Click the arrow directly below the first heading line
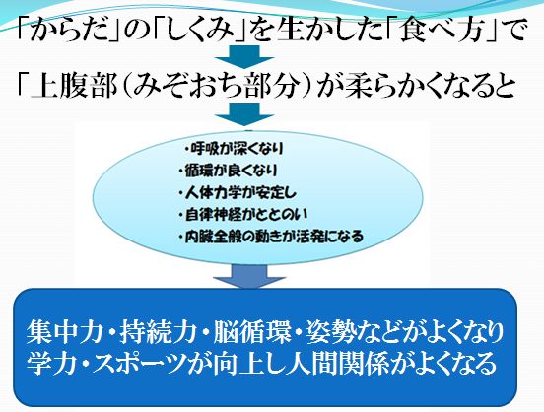(244, 56)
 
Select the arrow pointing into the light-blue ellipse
(244, 115)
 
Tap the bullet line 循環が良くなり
(229, 171)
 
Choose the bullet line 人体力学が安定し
(238, 192)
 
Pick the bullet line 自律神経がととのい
(243, 215)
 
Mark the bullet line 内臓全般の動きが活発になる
(271, 237)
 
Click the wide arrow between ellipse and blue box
(249, 276)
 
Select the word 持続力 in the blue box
(160, 332)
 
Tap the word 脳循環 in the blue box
(252, 332)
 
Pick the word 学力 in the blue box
(52, 363)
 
